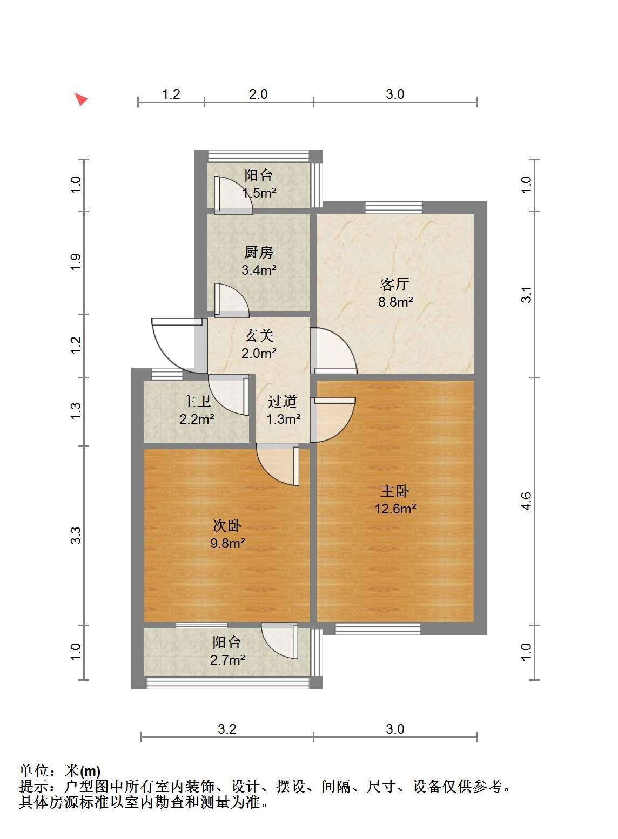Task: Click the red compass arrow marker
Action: pyautogui.click(x=80, y=99)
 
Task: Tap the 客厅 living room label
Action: pyautogui.click(x=395, y=285)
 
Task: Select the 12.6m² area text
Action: pyautogui.click(x=395, y=509)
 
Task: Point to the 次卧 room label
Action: pyautogui.click(x=227, y=526)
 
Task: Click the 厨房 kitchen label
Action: pyautogui.click(x=258, y=253)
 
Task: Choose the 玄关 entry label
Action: pyautogui.click(x=259, y=336)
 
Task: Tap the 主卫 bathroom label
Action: pyautogui.click(x=197, y=402)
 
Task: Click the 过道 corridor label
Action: pyautogui.click(x=283, y=402)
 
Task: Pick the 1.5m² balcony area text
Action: pyautogui.click(x=259, y=193)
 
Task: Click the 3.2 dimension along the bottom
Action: pyautogui.click(x=227, y=729)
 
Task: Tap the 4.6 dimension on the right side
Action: pyautogui.click(x=526, y=501)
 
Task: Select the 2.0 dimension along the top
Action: pyautogui.click(x=258, y=94)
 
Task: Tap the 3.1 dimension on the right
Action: pyautogui.click(x=526, y=294)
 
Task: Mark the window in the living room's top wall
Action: pyautogui.click(x=393, y=207)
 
